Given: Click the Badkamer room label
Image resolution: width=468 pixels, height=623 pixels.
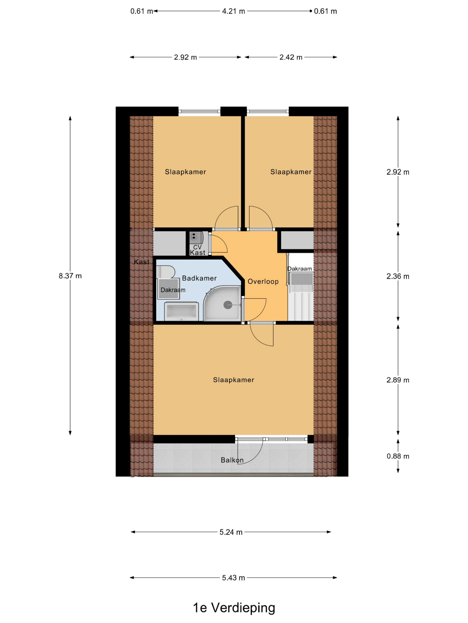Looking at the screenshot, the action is [199, 278].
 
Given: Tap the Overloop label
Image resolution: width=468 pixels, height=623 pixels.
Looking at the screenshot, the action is [263, 281].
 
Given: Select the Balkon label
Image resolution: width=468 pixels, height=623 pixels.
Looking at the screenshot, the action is [232, 460].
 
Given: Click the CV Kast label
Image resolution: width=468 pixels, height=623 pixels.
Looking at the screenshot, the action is [197, 250].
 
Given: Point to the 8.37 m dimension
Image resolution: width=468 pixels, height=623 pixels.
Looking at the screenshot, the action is [70, 276].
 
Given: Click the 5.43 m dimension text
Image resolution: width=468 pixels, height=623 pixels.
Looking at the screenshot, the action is [233, 578].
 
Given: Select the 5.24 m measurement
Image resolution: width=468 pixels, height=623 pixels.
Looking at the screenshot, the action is [231, 532].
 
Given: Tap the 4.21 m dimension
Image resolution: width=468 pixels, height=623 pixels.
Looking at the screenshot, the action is [233, 11].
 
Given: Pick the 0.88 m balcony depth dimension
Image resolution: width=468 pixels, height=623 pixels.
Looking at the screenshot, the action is [398, 456].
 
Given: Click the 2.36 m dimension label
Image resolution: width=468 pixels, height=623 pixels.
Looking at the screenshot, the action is [398, 276].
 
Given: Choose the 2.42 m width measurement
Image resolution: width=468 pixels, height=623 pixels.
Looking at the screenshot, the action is [291, 57].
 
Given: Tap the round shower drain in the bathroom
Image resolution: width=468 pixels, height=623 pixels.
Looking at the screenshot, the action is [228, 305].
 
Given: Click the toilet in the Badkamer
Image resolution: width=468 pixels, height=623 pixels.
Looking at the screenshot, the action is [166, 272].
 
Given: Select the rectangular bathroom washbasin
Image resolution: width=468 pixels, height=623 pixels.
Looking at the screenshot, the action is [181, 311].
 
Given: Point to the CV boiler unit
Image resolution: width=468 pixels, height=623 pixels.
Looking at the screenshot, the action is [196, 238].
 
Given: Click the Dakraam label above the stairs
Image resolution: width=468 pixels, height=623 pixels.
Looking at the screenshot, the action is [300, 269].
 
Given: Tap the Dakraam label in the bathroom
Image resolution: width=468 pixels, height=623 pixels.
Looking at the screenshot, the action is [173, 290].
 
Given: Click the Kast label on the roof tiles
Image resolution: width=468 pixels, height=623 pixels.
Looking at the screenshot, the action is [142, 262].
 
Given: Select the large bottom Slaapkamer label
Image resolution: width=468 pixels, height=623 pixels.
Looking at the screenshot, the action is [234, 380].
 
